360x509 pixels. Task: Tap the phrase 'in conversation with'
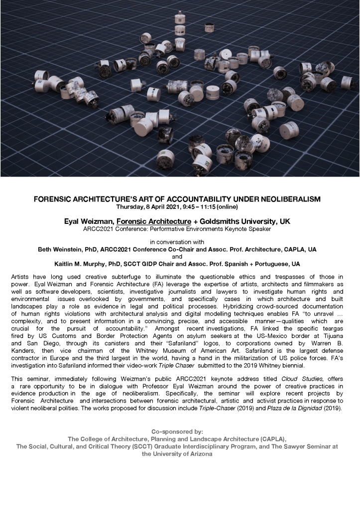[x=180, y=242]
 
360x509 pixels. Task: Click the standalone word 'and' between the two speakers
[x=180, y=256]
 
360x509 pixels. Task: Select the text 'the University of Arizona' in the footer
[x=180, y=454]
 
